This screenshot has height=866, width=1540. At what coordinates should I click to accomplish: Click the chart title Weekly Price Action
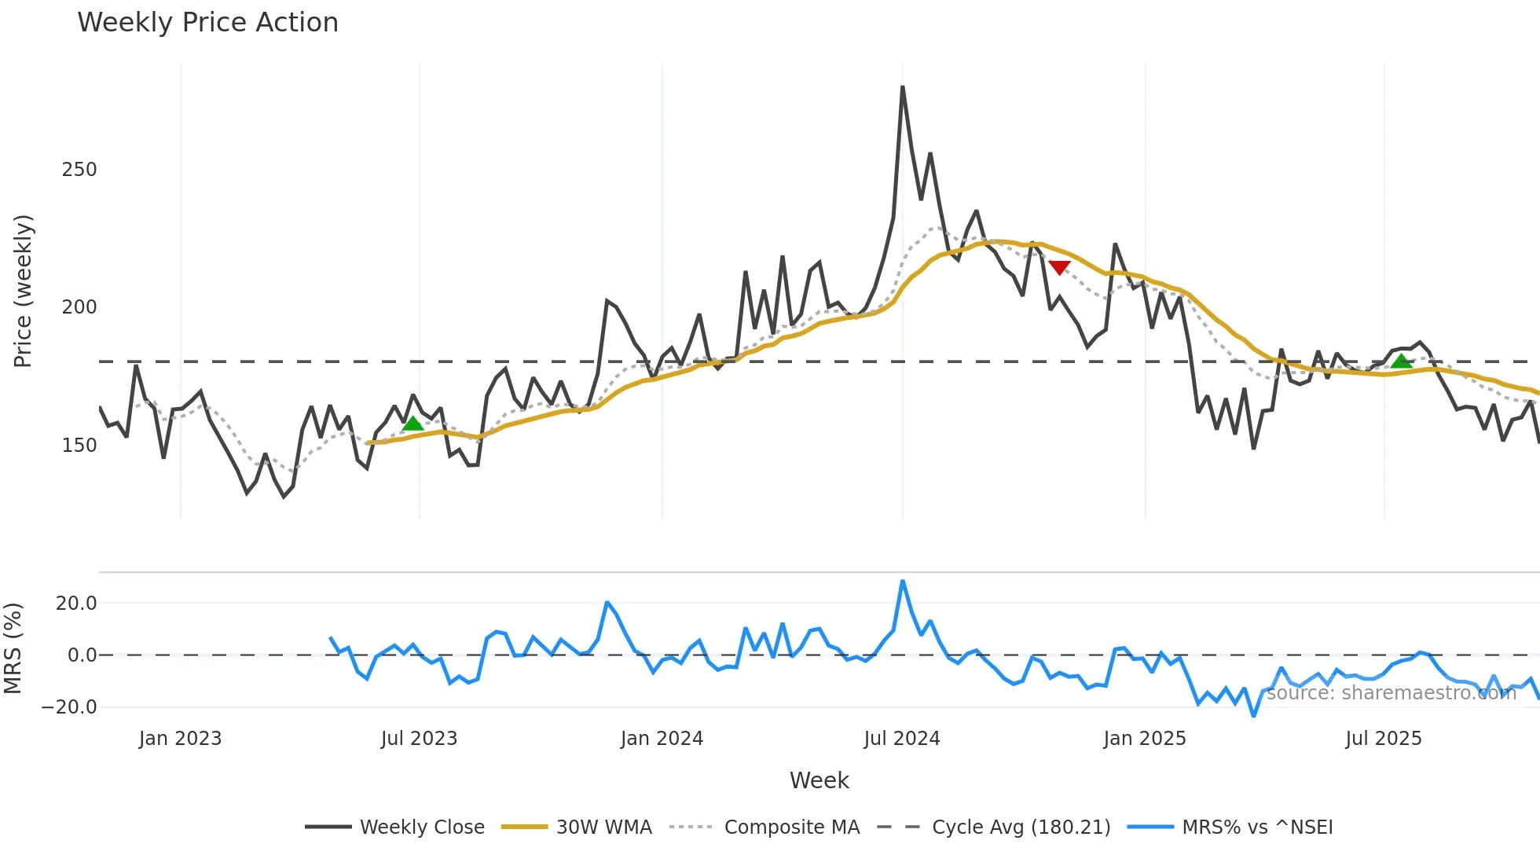(x=207, y=23)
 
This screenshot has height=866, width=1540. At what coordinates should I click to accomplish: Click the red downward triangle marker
(x=1059, y=268)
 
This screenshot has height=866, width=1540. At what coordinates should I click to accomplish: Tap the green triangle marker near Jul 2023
(x=412, y=424)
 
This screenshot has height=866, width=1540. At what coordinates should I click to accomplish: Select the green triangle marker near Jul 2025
(x=1401, y=361)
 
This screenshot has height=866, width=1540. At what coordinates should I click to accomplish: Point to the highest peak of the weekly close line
(x=903, y=87)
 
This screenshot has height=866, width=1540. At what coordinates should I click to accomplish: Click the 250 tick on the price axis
(x=79, y=170)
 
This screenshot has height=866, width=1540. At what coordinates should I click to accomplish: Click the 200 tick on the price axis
(x=79, y=307)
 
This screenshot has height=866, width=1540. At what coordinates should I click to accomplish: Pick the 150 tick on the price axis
(x=79, y=446)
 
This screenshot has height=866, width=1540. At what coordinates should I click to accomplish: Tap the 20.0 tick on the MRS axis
(x=76, y=604)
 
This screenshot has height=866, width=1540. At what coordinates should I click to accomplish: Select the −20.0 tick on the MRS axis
(x=69, y=707)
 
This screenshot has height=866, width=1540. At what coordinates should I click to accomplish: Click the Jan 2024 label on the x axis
(x=662, y=739)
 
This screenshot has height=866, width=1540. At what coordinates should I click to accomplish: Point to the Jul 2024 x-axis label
(x=901, y=739)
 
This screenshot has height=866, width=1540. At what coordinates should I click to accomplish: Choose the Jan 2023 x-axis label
(x=180, y=739)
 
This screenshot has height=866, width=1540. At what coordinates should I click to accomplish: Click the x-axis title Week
(x=819, y=780)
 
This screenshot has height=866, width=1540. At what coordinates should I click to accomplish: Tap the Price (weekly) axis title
(x=23, y=291)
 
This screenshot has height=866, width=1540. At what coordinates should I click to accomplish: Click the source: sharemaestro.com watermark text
(x=1391, y=693)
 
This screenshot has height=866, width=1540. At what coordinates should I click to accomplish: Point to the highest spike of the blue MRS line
(x=903, y=582)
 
